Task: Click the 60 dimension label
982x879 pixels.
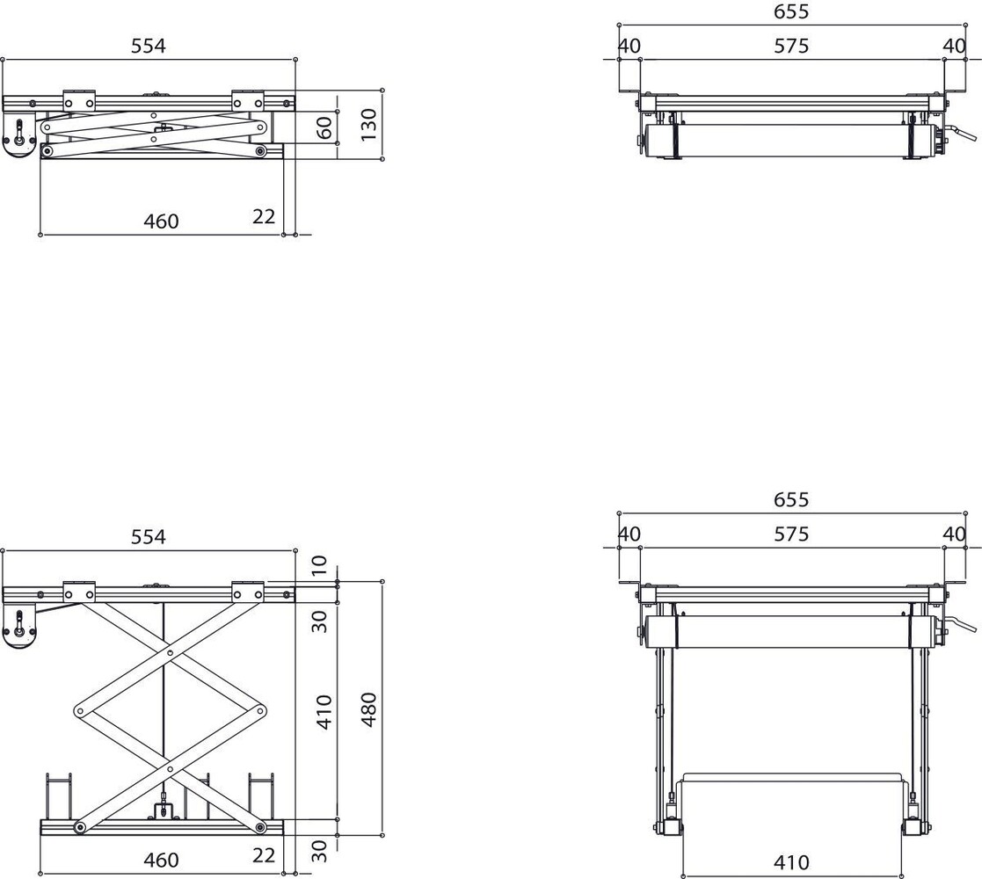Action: point(324,127)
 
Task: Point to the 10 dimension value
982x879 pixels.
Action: point(319,563)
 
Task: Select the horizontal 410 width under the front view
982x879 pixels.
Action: point(791,863)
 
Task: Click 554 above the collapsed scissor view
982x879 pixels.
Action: point(148,46)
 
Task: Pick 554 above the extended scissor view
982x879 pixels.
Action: point(148,536)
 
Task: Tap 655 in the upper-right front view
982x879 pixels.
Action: point(791,11)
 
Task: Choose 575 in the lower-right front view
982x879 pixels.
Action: point(791,534)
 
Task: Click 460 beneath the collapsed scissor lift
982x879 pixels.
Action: point(161,222)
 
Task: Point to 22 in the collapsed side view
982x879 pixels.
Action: point(264,216)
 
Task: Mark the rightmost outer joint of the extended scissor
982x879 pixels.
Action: point(261,710)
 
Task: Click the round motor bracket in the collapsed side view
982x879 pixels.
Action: point(19,139)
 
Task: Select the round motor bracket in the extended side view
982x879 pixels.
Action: point(19,629)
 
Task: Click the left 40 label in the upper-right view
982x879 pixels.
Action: point(629,46)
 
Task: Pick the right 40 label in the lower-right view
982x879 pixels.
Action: point(954,534)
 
